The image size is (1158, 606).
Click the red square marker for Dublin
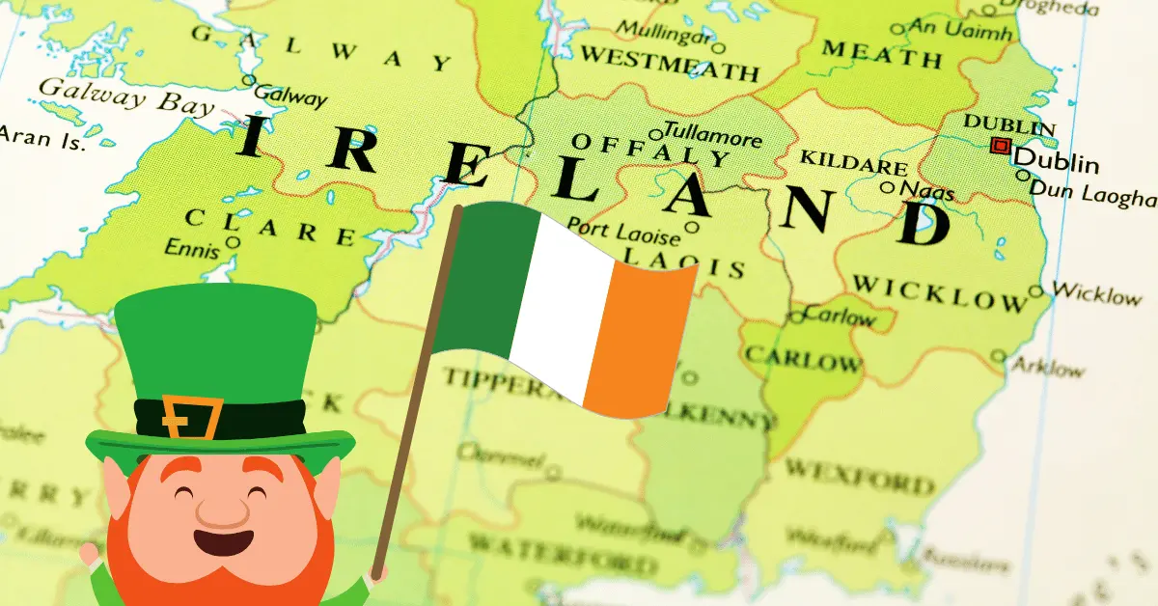(x=1001, y=147)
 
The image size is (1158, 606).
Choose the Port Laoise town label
(x=623, y=229)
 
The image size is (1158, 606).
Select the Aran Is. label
(x=42, y=138)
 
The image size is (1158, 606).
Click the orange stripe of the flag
(x=639, y=338)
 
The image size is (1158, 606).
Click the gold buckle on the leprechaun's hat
(x=190, y=417)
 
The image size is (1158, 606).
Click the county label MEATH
(x=880, y=54)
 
